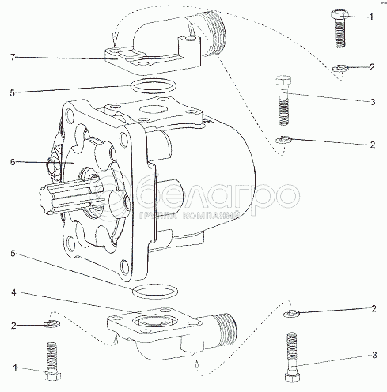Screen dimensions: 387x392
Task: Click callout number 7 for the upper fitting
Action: (x=13, y=57)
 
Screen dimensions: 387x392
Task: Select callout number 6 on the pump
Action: (x=13, y=162)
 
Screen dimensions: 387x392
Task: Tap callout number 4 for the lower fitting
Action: (x=13, y=292)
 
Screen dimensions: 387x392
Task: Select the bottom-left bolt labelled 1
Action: (x=51, y=361)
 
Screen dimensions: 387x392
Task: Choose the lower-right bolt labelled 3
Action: (x=292, y=356)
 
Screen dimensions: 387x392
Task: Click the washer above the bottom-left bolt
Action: (x=52, y=323)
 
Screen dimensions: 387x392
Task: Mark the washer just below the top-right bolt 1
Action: (x=340, y=68)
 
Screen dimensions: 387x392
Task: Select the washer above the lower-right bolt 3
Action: (x=291, y=314)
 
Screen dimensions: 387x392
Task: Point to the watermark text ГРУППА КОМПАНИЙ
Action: (x=189, y=215)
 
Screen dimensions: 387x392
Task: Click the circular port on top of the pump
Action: (x=153, y=109)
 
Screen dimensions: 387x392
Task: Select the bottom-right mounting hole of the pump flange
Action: (x=123, y=266)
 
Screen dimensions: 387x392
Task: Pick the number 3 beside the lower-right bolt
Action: (x=374, y=355)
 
